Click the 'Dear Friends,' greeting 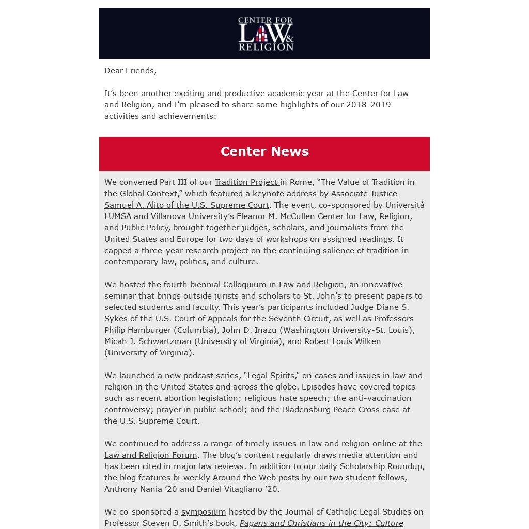[130, 71]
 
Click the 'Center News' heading [264, 151]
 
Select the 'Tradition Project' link [246, 182]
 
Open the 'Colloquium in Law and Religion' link [283, 285]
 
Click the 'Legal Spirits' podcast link [271, 376]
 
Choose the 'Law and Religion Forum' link [150, 455]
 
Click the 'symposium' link [204, 512]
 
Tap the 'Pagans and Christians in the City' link [321, 523]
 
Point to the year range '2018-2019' [368, 105]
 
